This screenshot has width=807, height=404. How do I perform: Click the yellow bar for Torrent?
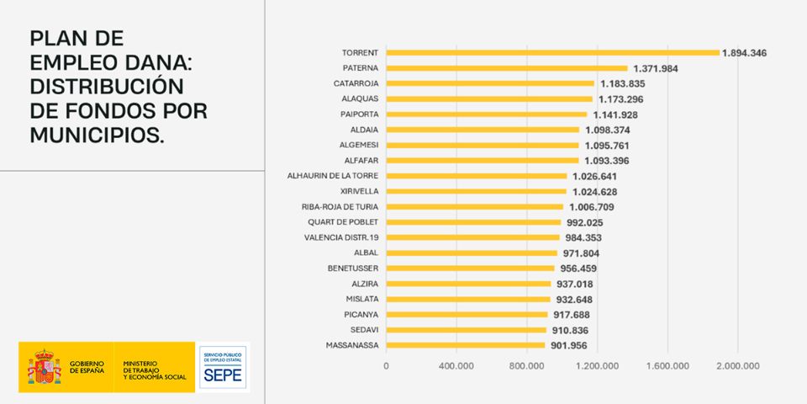(552, 52)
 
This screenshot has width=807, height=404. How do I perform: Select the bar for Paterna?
(507, 68)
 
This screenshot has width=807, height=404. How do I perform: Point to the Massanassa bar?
(465, 345)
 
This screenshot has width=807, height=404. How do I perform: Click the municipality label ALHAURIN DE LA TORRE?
(333, 176)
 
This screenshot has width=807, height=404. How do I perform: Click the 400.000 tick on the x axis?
(456, 366)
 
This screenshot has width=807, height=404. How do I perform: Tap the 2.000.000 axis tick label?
(737, 366)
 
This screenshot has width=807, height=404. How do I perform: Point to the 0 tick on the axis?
(386, 366)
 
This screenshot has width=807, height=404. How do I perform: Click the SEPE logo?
(224, 368)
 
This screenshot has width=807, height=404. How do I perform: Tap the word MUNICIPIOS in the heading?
(97, 135)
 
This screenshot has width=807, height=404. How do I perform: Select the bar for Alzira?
(468, 284)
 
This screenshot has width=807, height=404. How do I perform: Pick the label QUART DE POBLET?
(343, 222)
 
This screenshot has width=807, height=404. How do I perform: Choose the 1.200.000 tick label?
(596, 366)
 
